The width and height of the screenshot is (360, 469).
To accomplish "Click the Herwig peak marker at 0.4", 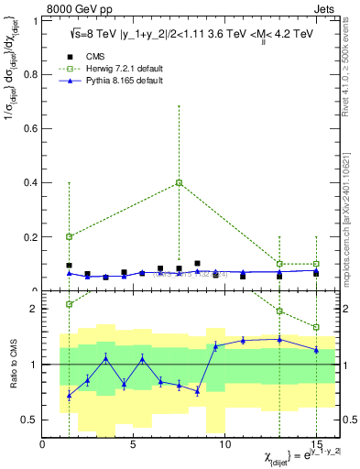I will [179, 182].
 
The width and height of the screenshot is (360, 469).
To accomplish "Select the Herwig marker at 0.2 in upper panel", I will [69, 236].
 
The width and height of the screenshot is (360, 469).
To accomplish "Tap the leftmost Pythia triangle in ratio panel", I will [69, 395].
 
